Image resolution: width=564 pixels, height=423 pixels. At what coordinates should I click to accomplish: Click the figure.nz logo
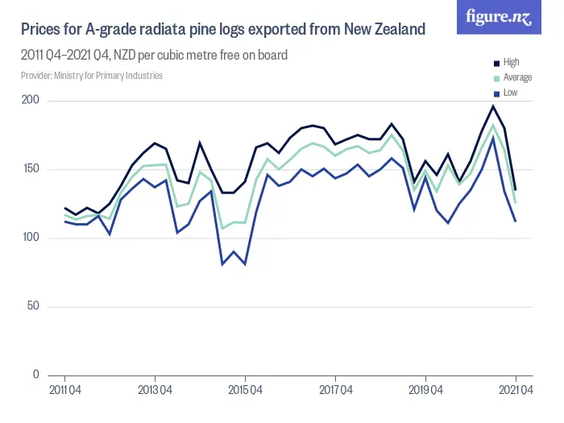[x=499, y=17]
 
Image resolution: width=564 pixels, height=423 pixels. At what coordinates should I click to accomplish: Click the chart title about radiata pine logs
[x=222, y=30]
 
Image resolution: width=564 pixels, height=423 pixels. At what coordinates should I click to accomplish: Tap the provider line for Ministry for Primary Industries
[x=92, y=76]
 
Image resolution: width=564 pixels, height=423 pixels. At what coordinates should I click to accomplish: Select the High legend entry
[x=511, y=62]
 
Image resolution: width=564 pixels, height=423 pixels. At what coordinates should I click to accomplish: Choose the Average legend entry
[x=516, y=77]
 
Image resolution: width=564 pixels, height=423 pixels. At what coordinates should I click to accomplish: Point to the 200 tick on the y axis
[x=31, y=101]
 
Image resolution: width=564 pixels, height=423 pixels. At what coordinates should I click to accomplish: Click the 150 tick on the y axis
[x=31, y=169]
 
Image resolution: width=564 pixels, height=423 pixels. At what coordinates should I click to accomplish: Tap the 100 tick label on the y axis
[x=31, y=238]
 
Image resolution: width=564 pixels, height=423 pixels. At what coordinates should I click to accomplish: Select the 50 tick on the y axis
[x=33, y=306]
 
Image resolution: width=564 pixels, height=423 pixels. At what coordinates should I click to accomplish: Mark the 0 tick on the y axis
[x=35, y=375]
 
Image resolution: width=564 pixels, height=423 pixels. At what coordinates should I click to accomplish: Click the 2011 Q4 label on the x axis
[x=64, y=391]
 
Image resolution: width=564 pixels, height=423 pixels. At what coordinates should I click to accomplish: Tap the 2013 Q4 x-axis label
[x=155, y=391]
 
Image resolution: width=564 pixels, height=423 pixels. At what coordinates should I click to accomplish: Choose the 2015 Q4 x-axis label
[x=245, y=391]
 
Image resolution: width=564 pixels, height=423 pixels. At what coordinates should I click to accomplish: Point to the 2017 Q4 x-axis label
[x=335, y=391]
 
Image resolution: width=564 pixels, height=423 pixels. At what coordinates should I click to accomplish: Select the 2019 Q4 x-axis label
[x=425, y=391]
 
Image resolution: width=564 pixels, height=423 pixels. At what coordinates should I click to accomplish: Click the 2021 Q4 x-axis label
[x=516, y=391]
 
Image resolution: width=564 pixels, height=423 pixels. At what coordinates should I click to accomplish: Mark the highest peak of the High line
[x=493, y=106]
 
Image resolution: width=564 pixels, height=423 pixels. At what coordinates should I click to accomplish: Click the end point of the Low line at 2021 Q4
[x=516, y=222]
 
